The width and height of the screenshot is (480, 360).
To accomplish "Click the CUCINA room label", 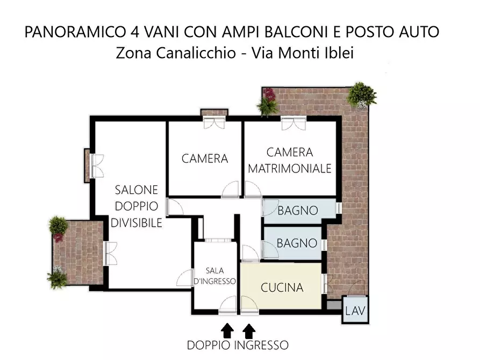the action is [x=282, y=288].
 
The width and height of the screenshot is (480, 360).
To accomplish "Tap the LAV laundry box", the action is [x=355, y=309].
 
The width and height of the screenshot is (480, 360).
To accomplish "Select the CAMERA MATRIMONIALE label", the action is [x=290, y=160].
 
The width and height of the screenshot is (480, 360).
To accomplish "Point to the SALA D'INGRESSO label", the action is [x=214, y=276].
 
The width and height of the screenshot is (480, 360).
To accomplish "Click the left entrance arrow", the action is [x=227, y=330].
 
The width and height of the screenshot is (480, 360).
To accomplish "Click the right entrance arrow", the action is [x=249, y=330].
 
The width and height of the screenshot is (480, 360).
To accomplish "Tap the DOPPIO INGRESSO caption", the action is [x=238, y=345].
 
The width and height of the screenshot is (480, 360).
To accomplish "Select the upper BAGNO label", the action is [x=298, y=211].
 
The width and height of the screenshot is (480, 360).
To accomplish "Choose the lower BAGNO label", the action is [x=297, y=243].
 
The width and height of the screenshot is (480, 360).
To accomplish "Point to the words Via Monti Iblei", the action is [x=303, y=53].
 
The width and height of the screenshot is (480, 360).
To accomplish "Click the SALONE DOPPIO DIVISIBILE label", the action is [x=136, y=206].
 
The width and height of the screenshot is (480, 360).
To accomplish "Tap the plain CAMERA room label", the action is [x=205, y=159].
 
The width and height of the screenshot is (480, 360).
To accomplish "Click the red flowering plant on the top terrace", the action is [x=269, y=94].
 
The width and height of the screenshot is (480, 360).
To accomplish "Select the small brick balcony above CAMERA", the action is [x=214, y=112].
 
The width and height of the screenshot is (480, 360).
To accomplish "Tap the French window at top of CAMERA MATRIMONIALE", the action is [x=293, y=123].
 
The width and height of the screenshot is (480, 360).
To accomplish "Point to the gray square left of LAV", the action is [x=334, y=305].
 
